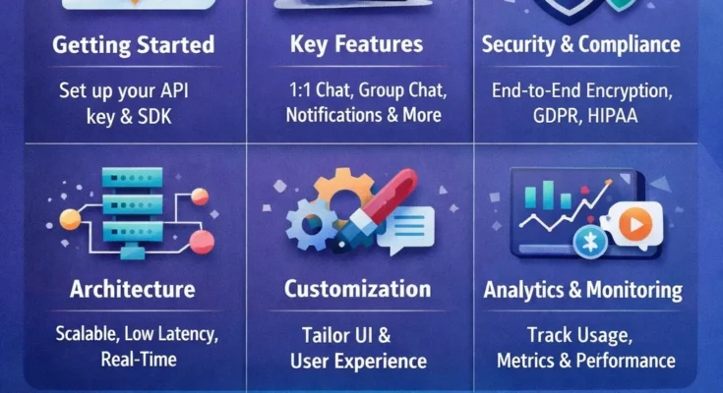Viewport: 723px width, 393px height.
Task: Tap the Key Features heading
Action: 356,44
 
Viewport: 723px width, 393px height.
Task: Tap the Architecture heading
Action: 132,289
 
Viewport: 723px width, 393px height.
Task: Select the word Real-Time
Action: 138,359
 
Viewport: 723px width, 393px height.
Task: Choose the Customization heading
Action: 357,289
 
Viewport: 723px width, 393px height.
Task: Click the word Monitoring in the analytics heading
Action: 634,290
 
